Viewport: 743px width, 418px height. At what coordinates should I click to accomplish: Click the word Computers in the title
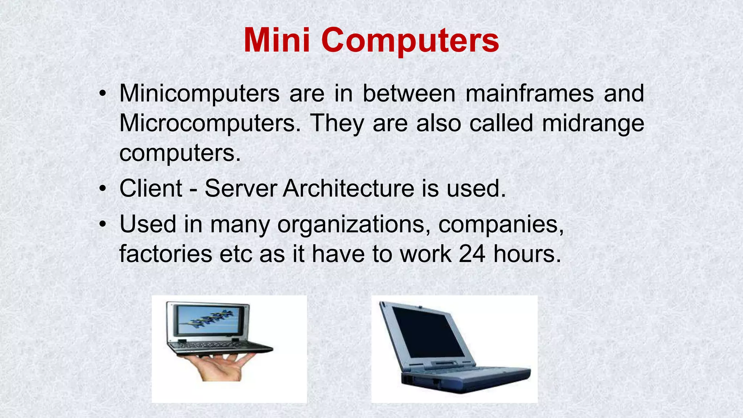pyautogui.click(x=410, y=41)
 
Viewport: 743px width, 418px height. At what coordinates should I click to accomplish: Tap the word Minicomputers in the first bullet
pyautogui.click(x=199, y=93)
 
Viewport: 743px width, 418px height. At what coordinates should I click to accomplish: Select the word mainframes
pyautogui.click(x=529, y=93)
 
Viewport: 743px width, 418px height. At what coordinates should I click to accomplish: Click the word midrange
pyautogui.click(x=593, y=123)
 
